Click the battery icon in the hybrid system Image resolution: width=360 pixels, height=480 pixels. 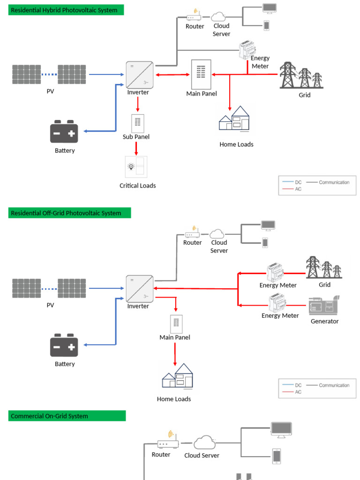point(64,132)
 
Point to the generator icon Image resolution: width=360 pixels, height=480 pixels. point(324,306)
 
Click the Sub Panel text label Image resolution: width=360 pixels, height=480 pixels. point(136,137)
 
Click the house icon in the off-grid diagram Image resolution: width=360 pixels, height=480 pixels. point(177,376)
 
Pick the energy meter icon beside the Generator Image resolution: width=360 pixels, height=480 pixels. point(277,303)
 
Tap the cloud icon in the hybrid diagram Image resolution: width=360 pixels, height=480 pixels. point(218,17)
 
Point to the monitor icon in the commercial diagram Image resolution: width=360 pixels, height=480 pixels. point(281,430)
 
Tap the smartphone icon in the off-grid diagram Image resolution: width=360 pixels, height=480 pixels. point(265,243)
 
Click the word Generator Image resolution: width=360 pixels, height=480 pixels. point(324,322)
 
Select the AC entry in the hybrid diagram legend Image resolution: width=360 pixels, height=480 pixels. point(298,189)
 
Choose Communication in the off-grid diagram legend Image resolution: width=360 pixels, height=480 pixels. point(334,385)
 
